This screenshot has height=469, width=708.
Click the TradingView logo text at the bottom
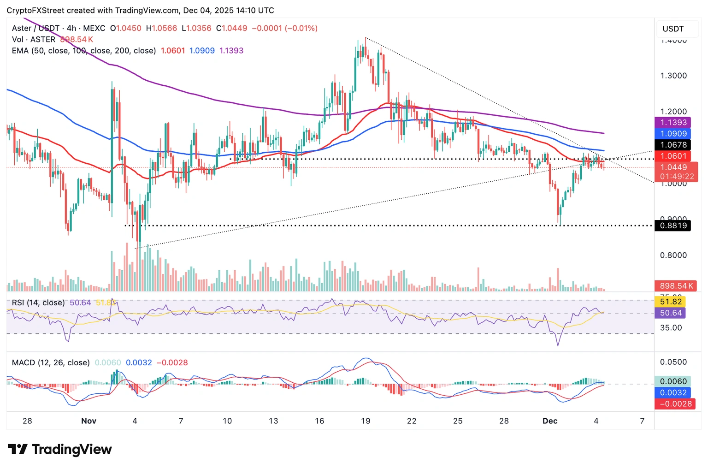(71, 450)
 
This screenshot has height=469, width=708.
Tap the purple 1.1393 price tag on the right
(673, 123)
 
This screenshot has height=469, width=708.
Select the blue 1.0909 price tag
(673, 134)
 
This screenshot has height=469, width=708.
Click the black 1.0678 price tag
(673, 145)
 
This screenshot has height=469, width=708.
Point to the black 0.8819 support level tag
(673, 226)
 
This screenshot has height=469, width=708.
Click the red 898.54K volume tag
(676, 286)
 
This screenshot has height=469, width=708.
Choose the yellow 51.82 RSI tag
(671, 302)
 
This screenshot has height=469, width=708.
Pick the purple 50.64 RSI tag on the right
(671, 313)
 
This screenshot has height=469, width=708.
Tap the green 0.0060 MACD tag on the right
(673, 381)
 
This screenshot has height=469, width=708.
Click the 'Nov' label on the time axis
(88, 421)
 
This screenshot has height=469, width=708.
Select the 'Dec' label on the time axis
(550, 421)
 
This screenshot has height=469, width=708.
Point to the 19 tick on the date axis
(366, 421)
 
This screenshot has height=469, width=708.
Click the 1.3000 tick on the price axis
(673, 76)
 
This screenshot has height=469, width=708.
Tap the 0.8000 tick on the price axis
(673, 255)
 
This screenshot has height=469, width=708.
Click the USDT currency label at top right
(673, 29)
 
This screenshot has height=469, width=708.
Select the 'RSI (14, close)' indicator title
(38, 303)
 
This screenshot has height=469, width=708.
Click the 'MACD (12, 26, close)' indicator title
(51, 362)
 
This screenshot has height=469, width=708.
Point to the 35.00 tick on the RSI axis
(671, 327)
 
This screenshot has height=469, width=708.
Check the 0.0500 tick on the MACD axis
(673, 362)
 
